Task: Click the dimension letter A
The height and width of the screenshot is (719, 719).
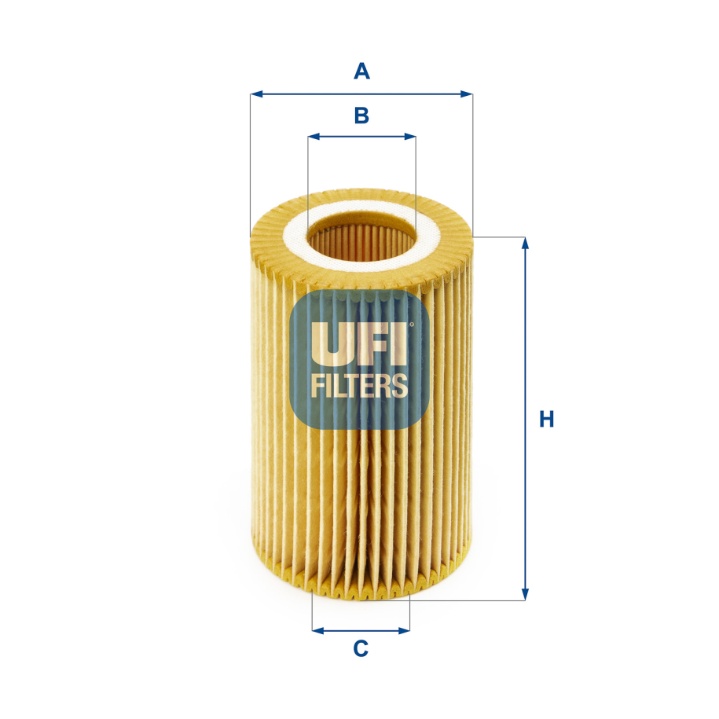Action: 361,72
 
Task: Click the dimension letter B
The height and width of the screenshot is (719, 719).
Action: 361,116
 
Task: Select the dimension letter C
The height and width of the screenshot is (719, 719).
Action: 361,648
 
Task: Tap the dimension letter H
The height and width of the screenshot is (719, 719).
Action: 547,419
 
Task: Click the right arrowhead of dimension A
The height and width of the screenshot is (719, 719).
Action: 468,94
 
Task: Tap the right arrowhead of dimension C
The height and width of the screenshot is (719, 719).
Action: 405,629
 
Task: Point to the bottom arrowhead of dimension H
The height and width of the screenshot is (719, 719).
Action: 526,595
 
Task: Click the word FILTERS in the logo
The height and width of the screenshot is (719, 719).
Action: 360,385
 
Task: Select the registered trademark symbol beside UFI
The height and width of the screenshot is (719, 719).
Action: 410,324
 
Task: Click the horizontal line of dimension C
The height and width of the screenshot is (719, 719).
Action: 361,629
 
